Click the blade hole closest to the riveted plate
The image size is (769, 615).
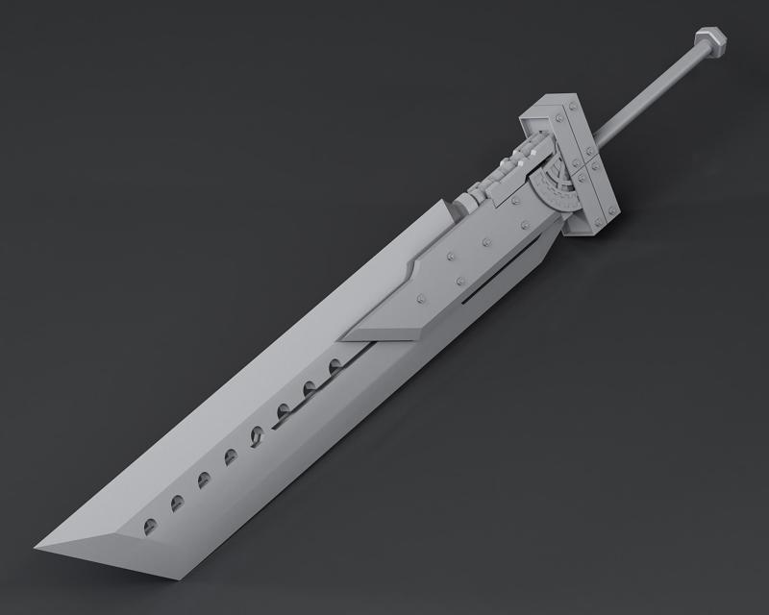pyautogui.click(x=335, y=366)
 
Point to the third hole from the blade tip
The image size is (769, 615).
pyautogui.click(x=204, y=479)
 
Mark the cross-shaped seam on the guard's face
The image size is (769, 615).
pyautogui.click(x=586, y=167)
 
